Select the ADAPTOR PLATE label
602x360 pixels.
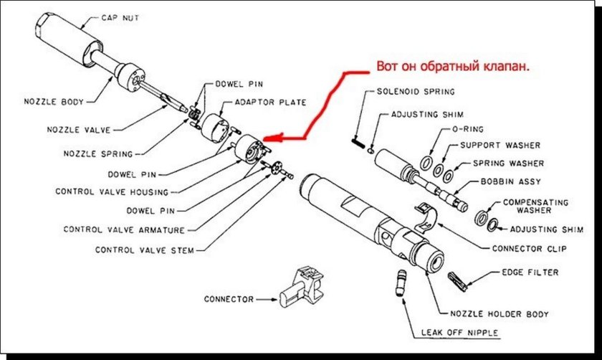270,103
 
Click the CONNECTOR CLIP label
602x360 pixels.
529,248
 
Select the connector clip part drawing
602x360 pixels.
427,216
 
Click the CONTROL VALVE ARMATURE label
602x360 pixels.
124,230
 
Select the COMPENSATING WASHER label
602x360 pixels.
533,206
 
